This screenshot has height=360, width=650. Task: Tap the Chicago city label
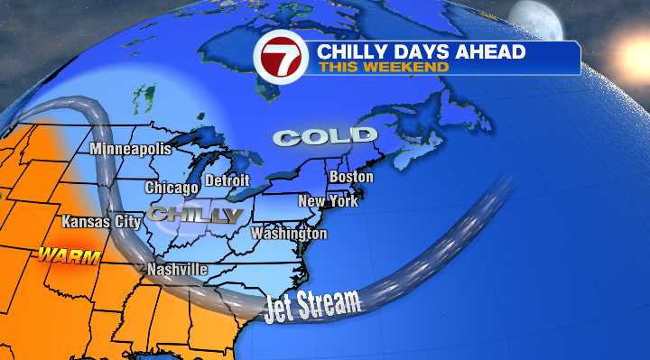pos(172,188)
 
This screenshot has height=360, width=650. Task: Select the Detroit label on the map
pos(227,180)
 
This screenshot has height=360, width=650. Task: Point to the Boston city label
pos(350,177)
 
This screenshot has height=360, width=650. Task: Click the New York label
pos(328,200)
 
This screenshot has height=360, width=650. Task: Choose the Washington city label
pos(289,234)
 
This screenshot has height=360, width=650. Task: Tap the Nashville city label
pos(177,270)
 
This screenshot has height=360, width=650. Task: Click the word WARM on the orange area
pos(62,254)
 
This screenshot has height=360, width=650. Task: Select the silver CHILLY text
pos(196,215)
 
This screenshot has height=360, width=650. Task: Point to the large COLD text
pos(326,137)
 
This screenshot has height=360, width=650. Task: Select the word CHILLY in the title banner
pos(350,51)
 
